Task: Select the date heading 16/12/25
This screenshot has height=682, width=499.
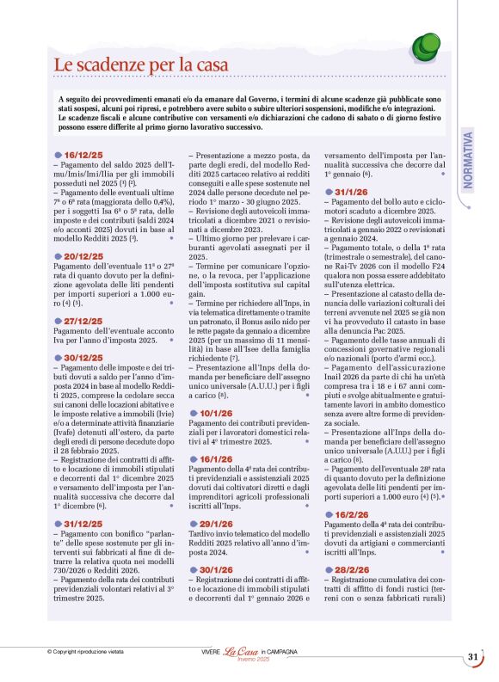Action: pyautogui.click(x=83, y=154)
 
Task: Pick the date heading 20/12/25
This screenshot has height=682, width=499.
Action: pyautogui.click(x=83, y=256)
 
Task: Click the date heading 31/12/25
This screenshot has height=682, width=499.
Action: pyautogui.click(x=83, y=523)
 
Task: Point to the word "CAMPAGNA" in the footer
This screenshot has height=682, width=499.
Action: pyautogui.click(x=281, y=652)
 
